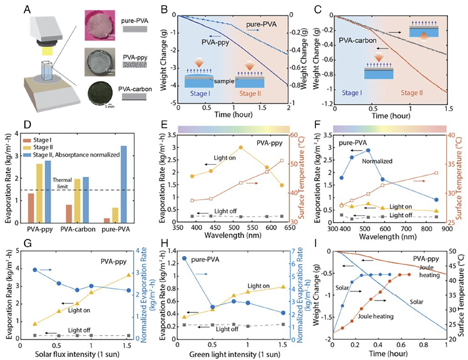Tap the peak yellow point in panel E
[241, 147]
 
